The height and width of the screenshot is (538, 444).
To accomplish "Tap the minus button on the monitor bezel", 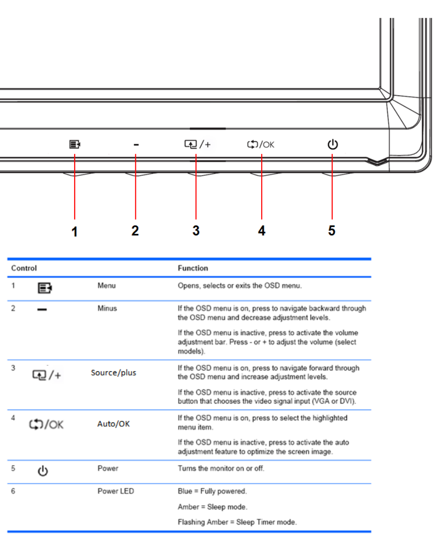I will [x=136, y=145].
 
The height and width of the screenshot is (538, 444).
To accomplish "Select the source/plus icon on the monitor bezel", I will [x=196, y=145].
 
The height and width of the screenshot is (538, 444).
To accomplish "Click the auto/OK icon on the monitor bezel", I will [x=260, y=145].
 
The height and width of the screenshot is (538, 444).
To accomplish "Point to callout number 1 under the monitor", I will [x=74, y=231].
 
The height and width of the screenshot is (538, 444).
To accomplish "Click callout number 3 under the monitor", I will [x=196, y=231].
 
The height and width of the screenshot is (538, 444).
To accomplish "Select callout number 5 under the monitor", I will [x=332, y=231].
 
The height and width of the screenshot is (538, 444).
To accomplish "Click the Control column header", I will [x=24, y=268].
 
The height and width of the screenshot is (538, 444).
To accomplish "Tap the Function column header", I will [x=193, y=268].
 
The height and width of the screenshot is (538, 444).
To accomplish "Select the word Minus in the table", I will [x=107, y=308].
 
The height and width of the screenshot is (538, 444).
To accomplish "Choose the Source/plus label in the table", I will [x=113, y=373].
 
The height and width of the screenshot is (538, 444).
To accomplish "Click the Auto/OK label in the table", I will [x=113, y=424].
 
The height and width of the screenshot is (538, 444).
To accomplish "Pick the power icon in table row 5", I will [x=42, y=471].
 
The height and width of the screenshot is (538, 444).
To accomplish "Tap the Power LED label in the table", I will [x=116, y=491].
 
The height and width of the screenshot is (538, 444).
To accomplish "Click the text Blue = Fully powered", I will [x=212, y=491].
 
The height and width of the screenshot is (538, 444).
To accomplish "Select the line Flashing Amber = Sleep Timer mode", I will [x=237, y=522].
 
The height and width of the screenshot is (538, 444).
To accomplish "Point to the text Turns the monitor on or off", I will [x=221, y=469].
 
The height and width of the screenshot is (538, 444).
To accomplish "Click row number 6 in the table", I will [x=13, y=491].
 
